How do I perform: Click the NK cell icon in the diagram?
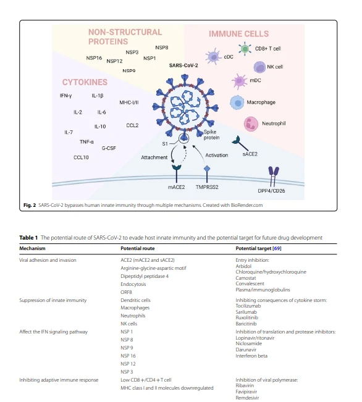pos(259,67)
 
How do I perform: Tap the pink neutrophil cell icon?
pos(251,124)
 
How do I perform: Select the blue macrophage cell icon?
pos(237,103)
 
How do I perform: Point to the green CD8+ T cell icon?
pos(245,49)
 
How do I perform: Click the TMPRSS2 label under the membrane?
pos(207,187)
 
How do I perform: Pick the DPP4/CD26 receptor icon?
pos(274,176)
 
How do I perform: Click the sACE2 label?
pos(250,154)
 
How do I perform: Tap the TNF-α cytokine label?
pos(86,142)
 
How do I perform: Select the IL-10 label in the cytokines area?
pos(100,127)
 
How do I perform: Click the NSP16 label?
pos(94,58)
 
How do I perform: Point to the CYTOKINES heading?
pos(85,82)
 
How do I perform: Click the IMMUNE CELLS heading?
pos(239,34)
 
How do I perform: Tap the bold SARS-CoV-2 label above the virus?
pos(183,65)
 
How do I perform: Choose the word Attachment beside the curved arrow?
pos(154,157)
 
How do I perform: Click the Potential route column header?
pos(138,248)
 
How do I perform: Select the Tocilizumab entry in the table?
pos(248,306)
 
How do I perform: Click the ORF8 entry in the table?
pos(126,292)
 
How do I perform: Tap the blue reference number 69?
pos(277,248)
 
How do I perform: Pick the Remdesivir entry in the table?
pos(247,398)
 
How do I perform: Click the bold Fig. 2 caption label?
pos(30,205)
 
